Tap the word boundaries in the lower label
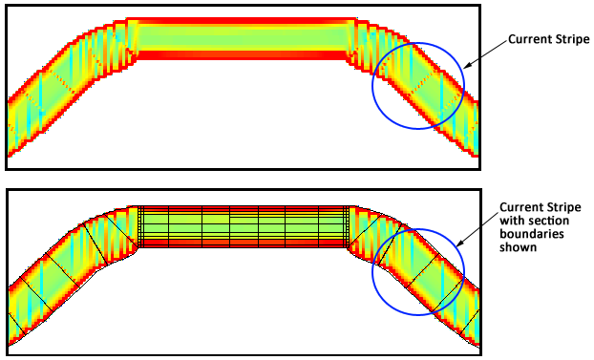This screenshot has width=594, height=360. (532, 234)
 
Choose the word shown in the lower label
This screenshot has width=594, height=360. (519, 247)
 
